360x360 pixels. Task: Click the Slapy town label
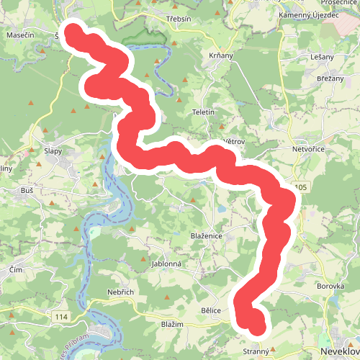[53, 151]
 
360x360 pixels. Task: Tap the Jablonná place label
[167, 264]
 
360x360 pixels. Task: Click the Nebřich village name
[121, 292]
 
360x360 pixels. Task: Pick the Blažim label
[172, 325]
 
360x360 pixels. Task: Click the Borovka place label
[330, 285]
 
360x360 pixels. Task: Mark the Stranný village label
[256, 351]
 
